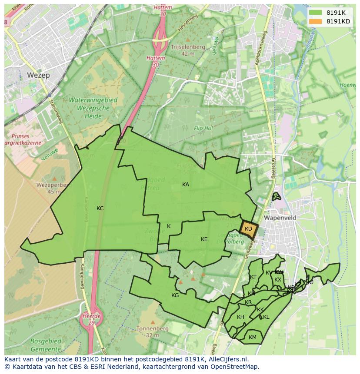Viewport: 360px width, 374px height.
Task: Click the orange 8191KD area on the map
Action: click(249, 229)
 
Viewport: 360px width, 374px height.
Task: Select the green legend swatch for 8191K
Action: click(316, 13)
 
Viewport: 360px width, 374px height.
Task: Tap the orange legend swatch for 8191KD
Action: click(316, 21)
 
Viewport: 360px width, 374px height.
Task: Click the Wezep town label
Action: click(38, 75)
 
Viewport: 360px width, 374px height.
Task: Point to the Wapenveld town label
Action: click(280, 218)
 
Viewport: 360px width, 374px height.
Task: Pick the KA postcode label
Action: click(186, 185)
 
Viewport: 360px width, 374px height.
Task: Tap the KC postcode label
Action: click(100, 209)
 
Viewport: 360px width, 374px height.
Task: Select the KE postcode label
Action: click(204, 239)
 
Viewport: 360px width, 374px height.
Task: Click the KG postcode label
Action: click(175, 295)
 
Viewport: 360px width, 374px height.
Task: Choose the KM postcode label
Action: click(253, 338)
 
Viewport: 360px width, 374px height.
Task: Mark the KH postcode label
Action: click(240, 317)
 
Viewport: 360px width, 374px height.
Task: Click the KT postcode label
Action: click(253, 277)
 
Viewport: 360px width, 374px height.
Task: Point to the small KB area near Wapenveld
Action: click(276, 197)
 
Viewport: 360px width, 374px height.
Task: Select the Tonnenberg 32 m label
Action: click(152, 332)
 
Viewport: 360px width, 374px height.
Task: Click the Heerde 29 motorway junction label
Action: click(91, 319)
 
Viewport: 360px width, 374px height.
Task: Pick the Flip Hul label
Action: click(203, 129)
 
